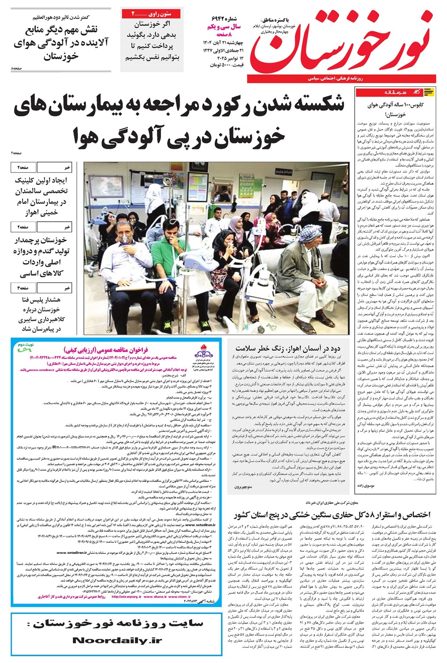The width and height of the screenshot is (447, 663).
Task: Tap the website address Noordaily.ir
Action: (117, 640)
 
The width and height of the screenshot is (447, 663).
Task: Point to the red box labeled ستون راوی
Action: (152, 14)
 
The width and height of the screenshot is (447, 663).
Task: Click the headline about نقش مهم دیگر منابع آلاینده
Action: (61, 43)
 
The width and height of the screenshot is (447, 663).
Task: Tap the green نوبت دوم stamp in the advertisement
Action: (27, 346)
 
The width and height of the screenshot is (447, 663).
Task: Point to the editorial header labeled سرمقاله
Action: (395, 92)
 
